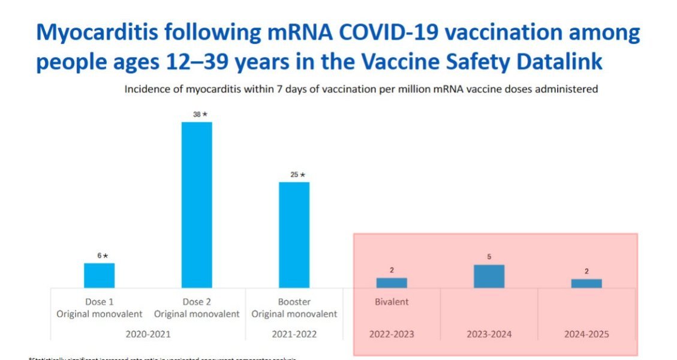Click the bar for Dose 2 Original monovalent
click(x=197, y=205)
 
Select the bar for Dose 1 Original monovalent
click(x=99, y=275)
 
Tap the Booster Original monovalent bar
click(x=294, y=235)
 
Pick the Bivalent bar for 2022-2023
click(x=392, y=283)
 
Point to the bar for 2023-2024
click(x=489, y=276)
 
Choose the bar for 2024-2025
click(x=586, y=283)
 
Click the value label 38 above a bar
click(x=197, y=114)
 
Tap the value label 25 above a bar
click(x=294, y=175)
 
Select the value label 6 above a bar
click(x=100, y=256)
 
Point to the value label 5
click(x=489, y=257)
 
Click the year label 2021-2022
click(x=294, y=334)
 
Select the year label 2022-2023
click(x=392, y=334)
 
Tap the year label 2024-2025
click(x=586, y=334)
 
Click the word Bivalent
click(x=392, y=302)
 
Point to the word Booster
click(x=294, y=302)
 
